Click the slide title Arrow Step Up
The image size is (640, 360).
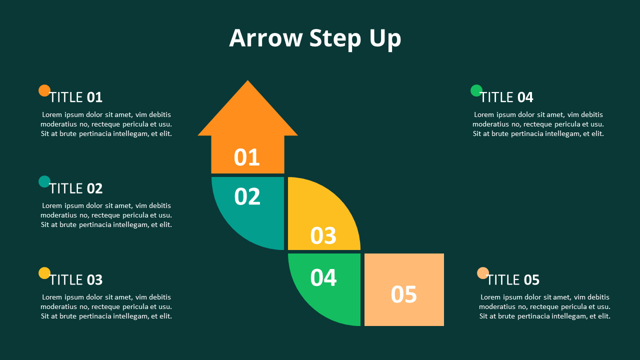pyautogui.click(x=315, y=38)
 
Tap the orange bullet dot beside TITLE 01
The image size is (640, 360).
pyautogui.click(x=44, y=90)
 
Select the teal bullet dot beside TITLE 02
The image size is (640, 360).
pyautogui.click(x=44, y=181)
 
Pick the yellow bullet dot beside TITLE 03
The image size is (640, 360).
pyautogui.click(x=44, y=273)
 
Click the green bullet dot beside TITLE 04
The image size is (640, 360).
pyautogui.click(x=476, y=90)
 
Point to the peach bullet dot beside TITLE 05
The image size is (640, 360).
pyautogui.click(x=483, y=273)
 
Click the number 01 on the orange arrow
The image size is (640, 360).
pyautogui.click(x=247, y=157)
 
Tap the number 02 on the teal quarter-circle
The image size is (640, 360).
pyautogui.click(x=247, y=196)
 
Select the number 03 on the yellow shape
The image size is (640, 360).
pyautogui.click(x=323, y=235)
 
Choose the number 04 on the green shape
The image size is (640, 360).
pyautogui.click(x=323, y=277)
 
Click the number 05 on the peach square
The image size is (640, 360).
pyautogui.click(x=403, y=294)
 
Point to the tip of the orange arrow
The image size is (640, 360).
pyautogui.click(x=247, y=80)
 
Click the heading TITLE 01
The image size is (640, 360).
pyautogui.click(x=76, y=97)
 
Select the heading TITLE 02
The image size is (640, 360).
pyautogui.click(x=76, y=188)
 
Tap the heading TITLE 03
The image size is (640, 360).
pyautogui.click(x=76, y=280)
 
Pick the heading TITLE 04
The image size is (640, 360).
pyautogui.click(x=507, y=97)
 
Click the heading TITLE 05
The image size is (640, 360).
pyautogui.click(x=513, y=280)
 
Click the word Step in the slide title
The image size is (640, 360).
pyautogui.click(x=335, y=39)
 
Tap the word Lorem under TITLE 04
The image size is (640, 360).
pyautogui.click(x=484, y=114)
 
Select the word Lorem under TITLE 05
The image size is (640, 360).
pyautogui.click(x=490, y=297)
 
